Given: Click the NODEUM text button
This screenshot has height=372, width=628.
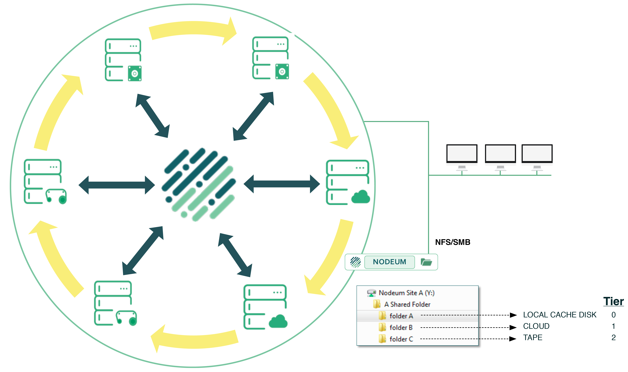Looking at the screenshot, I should tap(389, 262).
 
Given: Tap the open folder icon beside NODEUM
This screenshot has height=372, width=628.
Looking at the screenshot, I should tap(426, 262).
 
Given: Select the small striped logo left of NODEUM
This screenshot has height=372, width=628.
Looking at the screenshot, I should tap(355, 262).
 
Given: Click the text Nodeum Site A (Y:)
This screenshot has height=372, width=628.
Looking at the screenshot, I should tap(406, 293).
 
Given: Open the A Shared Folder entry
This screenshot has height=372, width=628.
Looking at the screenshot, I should tap(407, 304).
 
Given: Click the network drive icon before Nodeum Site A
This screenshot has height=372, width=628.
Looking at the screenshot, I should tap(371, 293).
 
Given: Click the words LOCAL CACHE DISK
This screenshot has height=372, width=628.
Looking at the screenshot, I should tap(559, 315).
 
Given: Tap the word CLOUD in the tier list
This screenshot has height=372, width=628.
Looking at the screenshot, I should tap(536, 326).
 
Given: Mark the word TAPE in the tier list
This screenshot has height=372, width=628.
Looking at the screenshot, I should tap(533, 337).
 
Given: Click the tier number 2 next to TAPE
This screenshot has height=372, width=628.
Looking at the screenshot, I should tap(613, 337).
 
